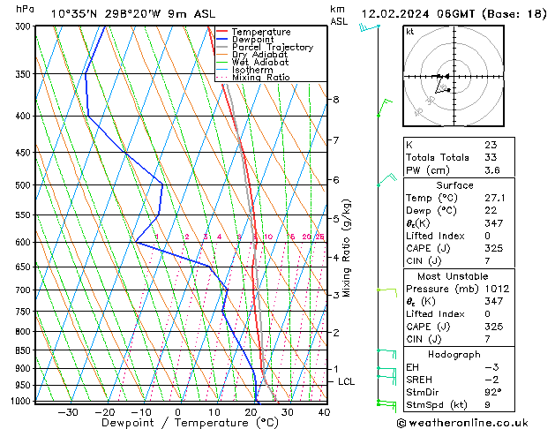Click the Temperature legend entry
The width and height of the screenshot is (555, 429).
point(260,32)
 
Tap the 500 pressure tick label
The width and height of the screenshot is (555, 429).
point(22,185)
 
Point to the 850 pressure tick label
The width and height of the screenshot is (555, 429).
point(22,350)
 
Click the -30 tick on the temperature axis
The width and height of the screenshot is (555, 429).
point(68,412)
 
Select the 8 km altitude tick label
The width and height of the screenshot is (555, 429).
point(335,100)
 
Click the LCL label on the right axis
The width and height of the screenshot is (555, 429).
point(347,381)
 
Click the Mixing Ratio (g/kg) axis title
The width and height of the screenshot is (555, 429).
point(348,248)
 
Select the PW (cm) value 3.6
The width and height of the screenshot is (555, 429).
point(491,170)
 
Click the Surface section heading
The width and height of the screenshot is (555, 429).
point(454,185)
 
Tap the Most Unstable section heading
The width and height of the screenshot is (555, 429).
point(454,275)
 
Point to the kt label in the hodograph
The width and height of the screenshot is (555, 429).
point(410,32)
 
